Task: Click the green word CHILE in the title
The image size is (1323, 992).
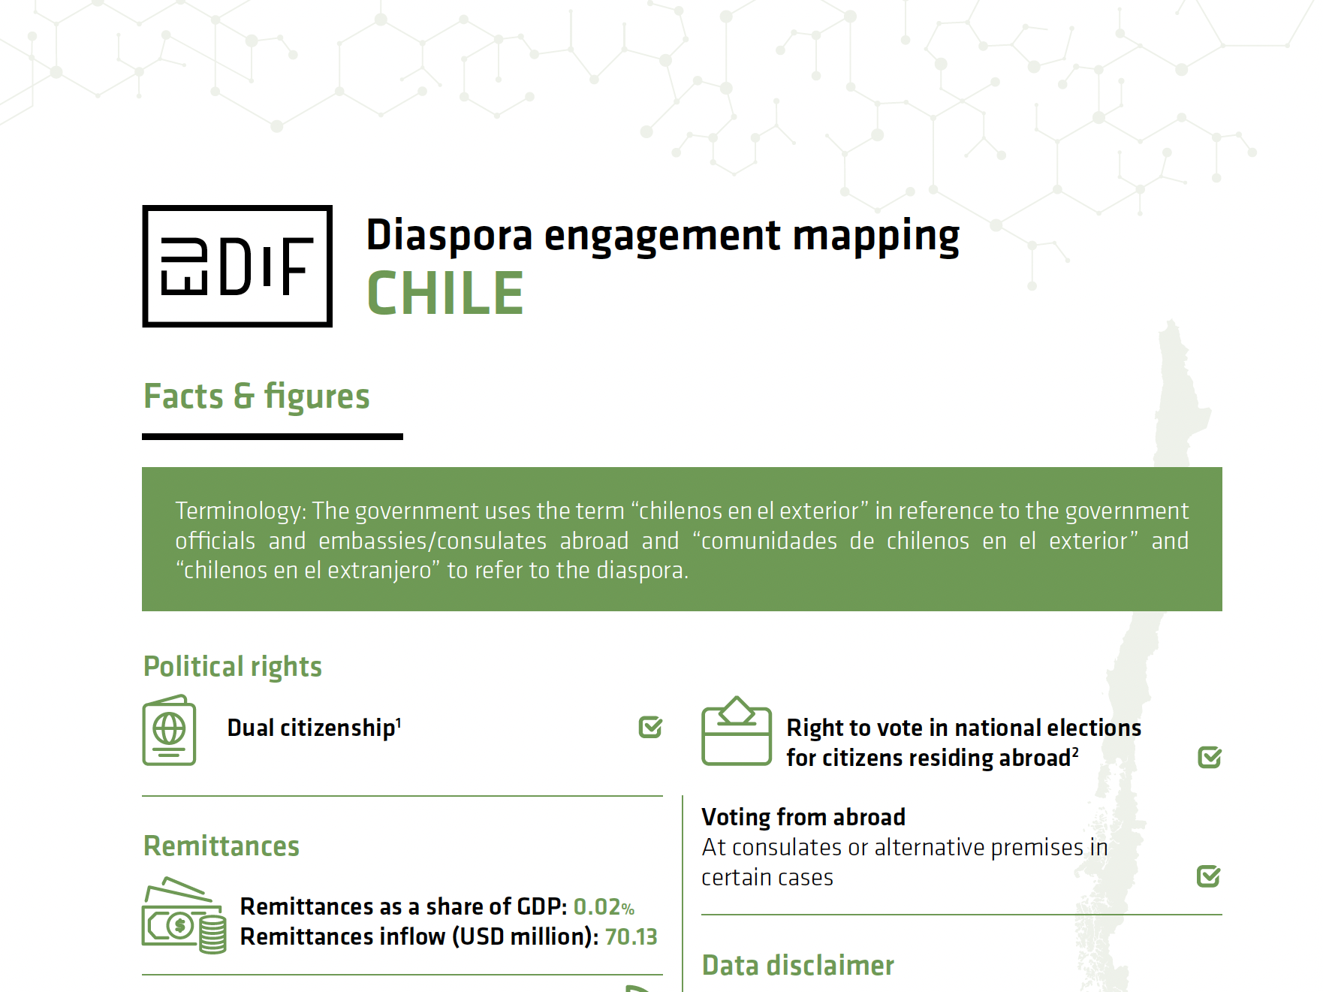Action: point(445,294)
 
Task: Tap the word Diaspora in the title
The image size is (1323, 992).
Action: point(449,236)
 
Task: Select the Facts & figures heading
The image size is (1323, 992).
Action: point(257,396)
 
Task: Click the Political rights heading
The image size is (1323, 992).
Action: point(233,667)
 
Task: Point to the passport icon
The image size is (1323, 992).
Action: point(170,731)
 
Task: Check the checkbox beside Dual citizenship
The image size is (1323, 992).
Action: point(650,727)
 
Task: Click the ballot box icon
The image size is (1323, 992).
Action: point(737,731)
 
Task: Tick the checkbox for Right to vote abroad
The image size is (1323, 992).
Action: point(1210,757)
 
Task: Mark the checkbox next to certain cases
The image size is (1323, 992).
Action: point(1209,876)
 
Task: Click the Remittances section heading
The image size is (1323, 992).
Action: point(222,846)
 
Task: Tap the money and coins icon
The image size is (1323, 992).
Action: point(184,915)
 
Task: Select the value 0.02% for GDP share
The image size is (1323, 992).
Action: point(604,907)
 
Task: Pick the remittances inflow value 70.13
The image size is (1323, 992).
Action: point(631,937)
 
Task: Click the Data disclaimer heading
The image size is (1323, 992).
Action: point(798,966)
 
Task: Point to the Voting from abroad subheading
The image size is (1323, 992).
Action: point(803,817)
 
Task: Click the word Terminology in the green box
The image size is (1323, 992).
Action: point(240,511)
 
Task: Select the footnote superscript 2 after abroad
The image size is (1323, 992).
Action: point(1075,752)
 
